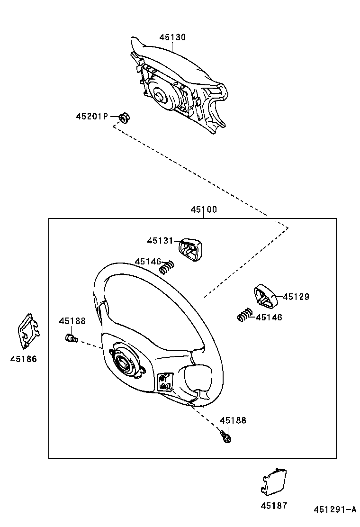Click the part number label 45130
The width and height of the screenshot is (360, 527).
click(172, 37)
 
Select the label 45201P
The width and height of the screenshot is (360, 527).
click(92, 116)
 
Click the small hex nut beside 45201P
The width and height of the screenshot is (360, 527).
click(124, 117)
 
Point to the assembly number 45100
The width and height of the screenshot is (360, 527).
click(204, 209)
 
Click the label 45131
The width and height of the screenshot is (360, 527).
click(160, 241)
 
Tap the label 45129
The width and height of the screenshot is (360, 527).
click(296, 297)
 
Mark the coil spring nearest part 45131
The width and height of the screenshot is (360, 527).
click(166, 267)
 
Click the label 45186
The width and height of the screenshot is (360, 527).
click(23, 359)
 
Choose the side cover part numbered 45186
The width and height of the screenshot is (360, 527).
click(28, 331)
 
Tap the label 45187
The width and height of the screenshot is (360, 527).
click(274, 506)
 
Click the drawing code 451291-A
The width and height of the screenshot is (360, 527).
click(335, 510)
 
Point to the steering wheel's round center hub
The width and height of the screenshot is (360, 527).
click(125, 363)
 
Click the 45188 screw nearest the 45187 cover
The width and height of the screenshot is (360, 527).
click(225, 436)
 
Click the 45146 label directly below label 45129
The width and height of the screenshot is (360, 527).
click(269, 318)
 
